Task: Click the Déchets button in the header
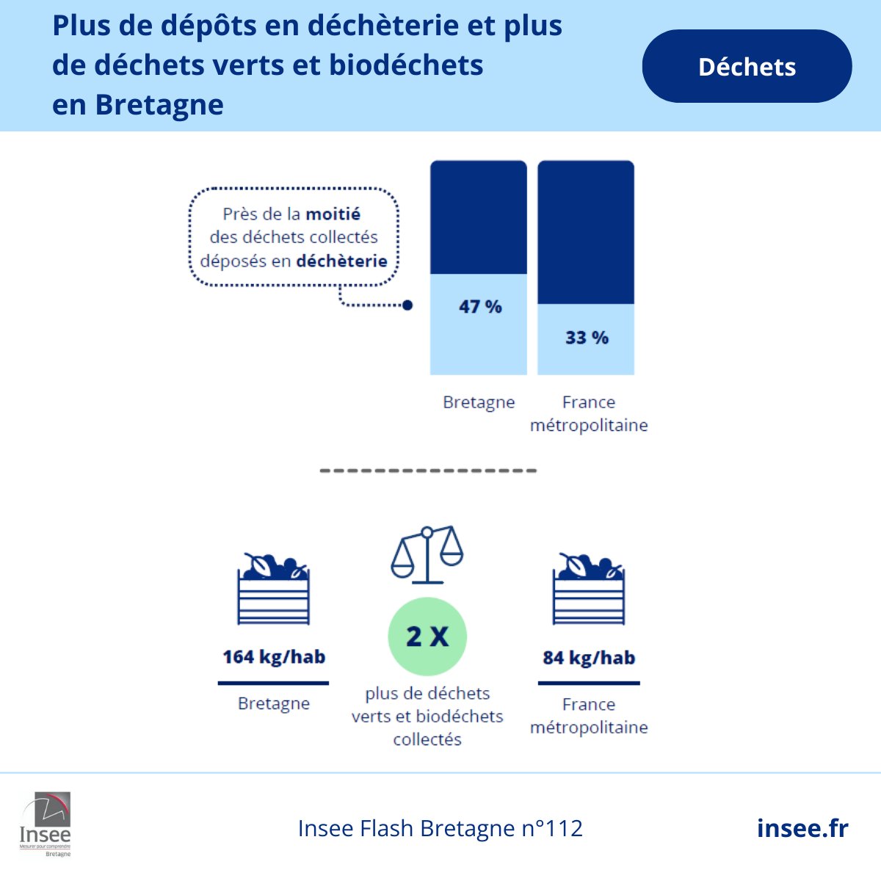[747, 67]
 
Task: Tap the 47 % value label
[480, 307]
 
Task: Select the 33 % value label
[587, 338]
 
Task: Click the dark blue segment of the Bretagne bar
[479, 217]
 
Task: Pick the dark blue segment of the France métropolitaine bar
[586, 232]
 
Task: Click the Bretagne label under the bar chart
[479, 402]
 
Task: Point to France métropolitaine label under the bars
[589, 413]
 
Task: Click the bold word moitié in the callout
[333, 214]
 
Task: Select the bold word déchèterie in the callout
[341, 261]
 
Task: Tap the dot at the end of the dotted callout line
[408, 305]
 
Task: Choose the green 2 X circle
[427, 637]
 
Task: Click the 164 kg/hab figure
[274, 657]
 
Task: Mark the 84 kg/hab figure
[589, 658]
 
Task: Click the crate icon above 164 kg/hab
[274, 589]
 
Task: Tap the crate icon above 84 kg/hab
[589, 589]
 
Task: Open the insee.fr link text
[802, 828]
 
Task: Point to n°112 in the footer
[552, 828]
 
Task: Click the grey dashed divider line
[429, 471]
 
